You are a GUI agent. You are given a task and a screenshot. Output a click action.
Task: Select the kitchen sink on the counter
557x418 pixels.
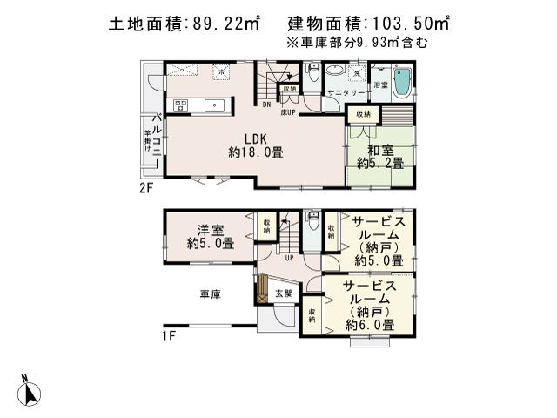[x=215, y=106]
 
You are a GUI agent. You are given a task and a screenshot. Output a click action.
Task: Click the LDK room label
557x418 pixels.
[x=254, y=138]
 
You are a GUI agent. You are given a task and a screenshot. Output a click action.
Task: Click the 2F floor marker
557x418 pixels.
[x=145, y=186]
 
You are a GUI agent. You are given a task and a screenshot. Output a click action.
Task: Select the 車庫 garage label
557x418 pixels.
[x=210, y=294]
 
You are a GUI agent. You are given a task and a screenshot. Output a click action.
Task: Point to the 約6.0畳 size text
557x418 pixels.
[x=369, y=324]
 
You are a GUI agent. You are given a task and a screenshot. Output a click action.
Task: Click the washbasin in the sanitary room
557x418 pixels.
[x=356, y=72]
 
